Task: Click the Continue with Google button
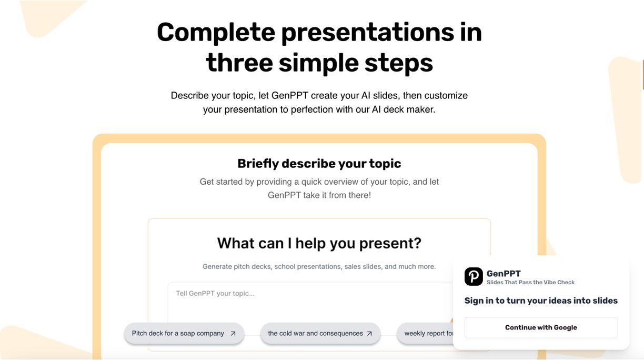[x=541, y=327]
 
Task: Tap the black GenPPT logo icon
[x=474, y=277]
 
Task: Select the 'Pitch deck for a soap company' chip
[x=184, y=333]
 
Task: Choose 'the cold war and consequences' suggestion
[x=320, y=333]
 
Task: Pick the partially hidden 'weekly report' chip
[x=425, y=333]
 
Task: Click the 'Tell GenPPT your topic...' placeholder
[x=215, y=293]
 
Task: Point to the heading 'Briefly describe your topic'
[x=319, y=164]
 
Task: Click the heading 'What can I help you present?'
[x=319, y=243]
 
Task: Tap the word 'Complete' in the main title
[x=216, y=33]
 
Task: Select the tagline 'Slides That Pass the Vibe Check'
[x=530, y=282]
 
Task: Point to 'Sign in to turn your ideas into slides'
[x=541, y=301]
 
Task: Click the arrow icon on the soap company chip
[x=233, y=334]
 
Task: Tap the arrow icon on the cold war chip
[x=369, y=334]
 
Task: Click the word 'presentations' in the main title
[x=368, y=33]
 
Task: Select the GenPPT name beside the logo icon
[x=504, y=274]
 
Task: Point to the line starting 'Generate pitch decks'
[x=319, y=266]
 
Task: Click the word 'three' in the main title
[x=239, y=63]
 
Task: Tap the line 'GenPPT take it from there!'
[x=319, y=195]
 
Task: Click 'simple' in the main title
[x=318, y=64]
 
